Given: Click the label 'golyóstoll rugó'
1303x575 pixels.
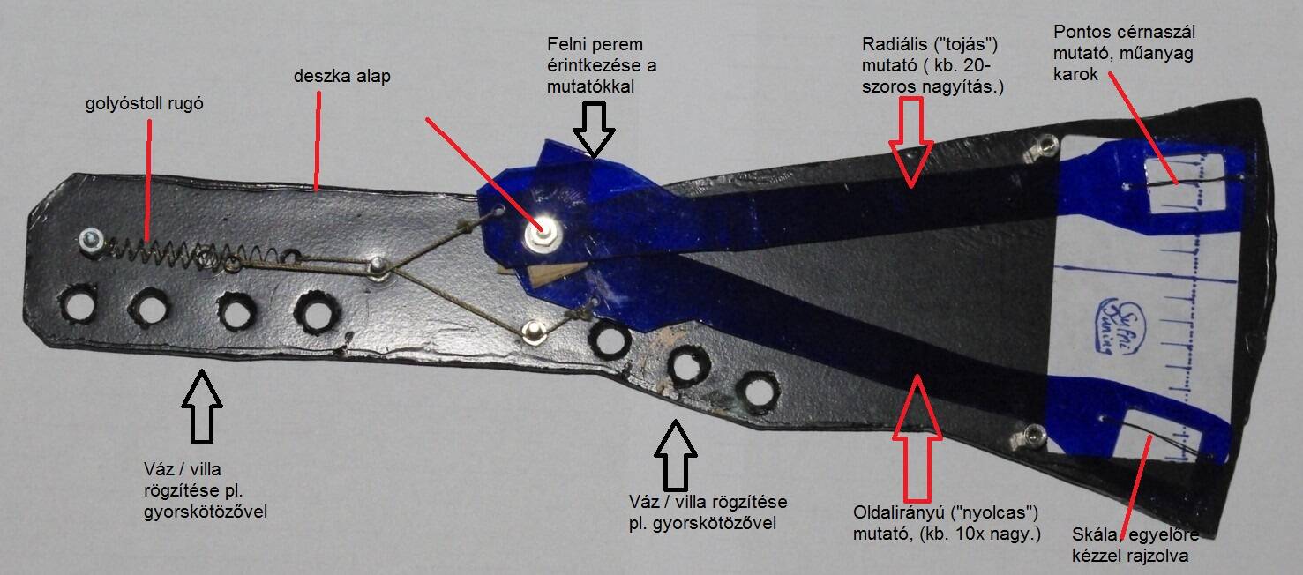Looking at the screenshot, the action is pyautogui.click(x=145, y=104).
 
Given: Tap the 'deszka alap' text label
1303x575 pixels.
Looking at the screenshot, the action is pyautogui.click(x=342, y=76).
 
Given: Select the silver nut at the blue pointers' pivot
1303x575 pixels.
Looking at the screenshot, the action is pyautogui.click(x=543, y=234).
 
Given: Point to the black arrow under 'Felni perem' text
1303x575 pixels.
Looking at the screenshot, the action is pyautogui.click(x=594, y=131).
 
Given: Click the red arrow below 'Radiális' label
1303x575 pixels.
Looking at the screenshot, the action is pyautogui.click(x=911, y=142).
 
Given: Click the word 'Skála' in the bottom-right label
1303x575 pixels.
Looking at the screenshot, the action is pyautogui.click(x=1092, y=534).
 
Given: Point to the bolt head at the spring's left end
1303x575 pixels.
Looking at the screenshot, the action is pyautogui.click(x=92, y=240).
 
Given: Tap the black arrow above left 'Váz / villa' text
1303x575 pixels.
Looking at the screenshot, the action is pyautogui.click(x=202, y=407).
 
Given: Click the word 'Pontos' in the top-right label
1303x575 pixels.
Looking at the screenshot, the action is pyautogui.click(x=1082, y=32).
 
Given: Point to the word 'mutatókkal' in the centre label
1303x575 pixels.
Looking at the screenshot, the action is pyautogui.click(x=590, y=87).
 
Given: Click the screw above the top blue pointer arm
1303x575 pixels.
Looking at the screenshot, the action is pyautogui.click(x=1047, y=143).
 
